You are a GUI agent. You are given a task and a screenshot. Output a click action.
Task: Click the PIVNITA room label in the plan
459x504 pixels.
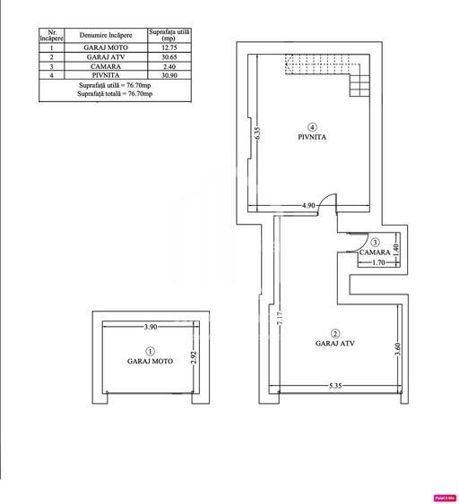[311, 138]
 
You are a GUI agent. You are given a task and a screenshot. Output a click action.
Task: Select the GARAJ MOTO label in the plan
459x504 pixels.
[150, 363]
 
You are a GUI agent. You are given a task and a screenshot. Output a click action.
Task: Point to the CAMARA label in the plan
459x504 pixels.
[374, 253]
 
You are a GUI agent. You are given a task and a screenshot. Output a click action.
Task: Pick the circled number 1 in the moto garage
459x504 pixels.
[150, 352]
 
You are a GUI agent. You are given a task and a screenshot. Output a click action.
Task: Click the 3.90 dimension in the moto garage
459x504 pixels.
[150, 327]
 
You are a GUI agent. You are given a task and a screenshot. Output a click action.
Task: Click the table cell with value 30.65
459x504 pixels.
[169, 56]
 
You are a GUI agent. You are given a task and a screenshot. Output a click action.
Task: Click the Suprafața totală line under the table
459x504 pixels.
[114, 92]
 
